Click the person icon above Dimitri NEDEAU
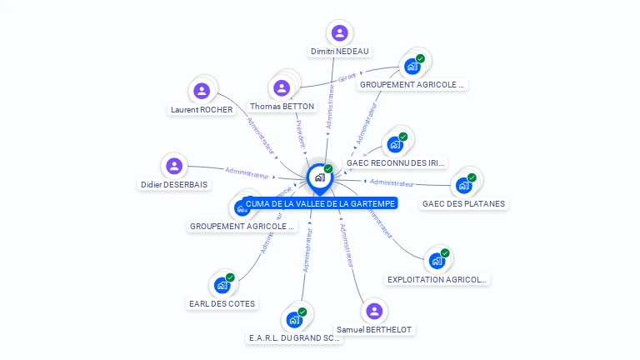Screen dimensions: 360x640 click(339, 33)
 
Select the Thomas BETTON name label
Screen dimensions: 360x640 click(282, 107)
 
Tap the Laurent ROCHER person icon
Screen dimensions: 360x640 click(201, 91)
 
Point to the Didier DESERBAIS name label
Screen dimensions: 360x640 click(174, 184)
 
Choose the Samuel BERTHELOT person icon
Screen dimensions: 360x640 click(374, 312)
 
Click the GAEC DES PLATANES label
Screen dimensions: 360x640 click(463, 203)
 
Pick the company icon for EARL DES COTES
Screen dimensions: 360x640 click(222, 285)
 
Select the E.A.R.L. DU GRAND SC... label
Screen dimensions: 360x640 click(295, 338)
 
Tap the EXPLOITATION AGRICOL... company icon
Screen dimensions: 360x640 click(437, 261)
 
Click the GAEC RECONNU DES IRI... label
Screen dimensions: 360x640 click(396, 163)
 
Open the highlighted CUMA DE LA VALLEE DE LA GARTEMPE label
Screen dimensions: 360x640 click(320, 203)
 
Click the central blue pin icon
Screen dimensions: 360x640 click(319, 177)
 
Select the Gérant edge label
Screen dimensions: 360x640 click(347, 77)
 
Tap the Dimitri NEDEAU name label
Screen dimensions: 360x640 click(339, 52)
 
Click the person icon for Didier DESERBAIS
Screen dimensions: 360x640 click(174, 166)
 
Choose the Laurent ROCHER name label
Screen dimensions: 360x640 click(202, 109)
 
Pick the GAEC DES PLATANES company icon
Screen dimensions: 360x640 click(463, 185)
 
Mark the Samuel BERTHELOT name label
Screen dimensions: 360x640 click(374, 330)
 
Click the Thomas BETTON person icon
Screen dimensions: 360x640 click(282, 87)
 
